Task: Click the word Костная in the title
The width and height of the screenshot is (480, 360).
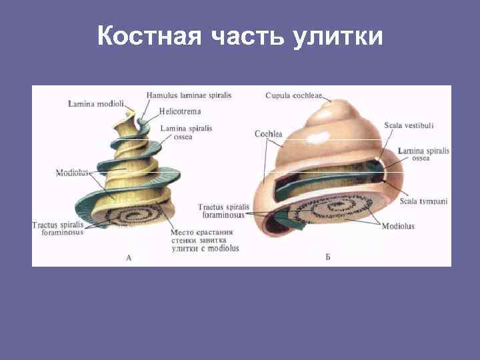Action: [149, 36]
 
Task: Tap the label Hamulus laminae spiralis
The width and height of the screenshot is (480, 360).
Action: [189, 95]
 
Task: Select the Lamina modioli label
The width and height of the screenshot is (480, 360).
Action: [96, 103]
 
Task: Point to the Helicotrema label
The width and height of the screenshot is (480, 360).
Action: [179, 111]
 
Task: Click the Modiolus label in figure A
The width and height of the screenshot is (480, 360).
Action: [72, 172]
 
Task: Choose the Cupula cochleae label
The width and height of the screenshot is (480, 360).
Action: [293, 95]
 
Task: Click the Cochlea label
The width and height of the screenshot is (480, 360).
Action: [268, 133]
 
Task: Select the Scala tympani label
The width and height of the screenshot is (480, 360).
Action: [423, 201]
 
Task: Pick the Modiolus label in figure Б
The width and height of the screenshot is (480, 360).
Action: [398, 226]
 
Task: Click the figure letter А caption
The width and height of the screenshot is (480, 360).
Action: [129, 257]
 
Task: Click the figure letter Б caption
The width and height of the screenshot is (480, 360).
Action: [328, 257]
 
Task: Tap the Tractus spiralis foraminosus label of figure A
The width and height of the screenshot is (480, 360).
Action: [58, 229]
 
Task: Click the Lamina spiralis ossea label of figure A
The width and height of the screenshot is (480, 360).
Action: [187, 132]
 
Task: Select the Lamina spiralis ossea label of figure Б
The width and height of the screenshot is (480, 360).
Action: [423, 155]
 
